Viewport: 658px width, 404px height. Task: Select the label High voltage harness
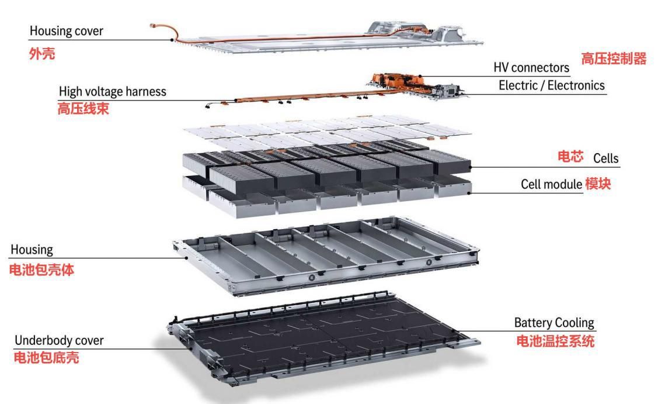click(x=112, y=92)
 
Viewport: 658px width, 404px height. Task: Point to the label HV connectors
click(x=531, y=68)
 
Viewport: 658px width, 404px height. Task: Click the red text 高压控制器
click(x=613, y=58)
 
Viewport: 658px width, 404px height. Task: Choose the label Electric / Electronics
click(x=552, y=85)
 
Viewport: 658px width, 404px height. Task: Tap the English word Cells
click(x=605, y=158)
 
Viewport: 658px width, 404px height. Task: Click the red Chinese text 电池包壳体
click(x=46, y=272)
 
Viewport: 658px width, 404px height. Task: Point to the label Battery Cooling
click(x=553, y=323)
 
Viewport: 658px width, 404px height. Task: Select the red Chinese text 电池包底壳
click(x=46, y=358)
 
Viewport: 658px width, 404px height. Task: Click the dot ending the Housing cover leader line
click(x=171, y=40)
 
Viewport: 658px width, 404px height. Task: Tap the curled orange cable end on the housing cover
click(x=153, y=26)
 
